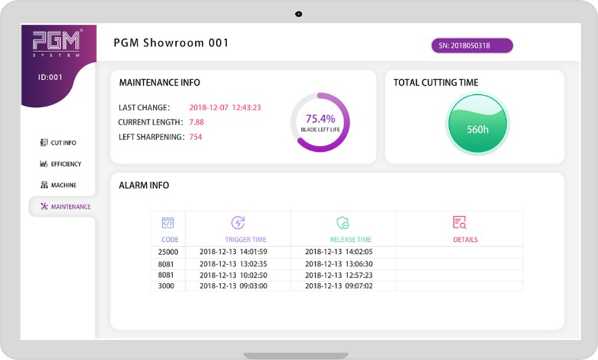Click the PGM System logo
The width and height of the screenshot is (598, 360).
(56, 44)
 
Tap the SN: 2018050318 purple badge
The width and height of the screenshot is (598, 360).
(472, 46)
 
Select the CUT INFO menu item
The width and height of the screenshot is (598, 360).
(58, 143)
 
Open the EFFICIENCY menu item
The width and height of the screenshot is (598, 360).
(61, 164)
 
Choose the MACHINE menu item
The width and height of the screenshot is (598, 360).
(58, 185)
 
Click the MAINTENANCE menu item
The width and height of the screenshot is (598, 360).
(66, 207)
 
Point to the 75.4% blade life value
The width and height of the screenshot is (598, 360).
(320, 119)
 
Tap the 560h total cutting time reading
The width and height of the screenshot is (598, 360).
(478, 129)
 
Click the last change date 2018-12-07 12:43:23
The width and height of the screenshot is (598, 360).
(225, 107)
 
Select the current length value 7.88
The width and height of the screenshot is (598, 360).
(196, 122)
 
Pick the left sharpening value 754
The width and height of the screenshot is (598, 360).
(196, 137)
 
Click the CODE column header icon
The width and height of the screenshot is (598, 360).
(168, 223)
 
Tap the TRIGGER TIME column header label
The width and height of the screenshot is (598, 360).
(245, 240)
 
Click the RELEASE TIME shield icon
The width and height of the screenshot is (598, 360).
(343, 223)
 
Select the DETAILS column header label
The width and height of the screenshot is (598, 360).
(465, 240)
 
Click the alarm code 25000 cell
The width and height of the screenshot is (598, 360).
(168, 252)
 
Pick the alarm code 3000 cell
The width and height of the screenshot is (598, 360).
(166, 286)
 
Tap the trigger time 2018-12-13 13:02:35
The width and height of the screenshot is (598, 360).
(233, 264)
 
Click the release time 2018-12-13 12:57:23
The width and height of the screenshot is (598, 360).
(338, 275)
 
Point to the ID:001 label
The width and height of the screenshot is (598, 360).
(50, 77)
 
